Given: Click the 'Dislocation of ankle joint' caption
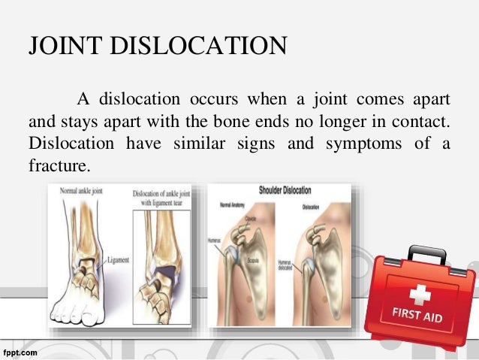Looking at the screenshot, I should coord(162,196).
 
